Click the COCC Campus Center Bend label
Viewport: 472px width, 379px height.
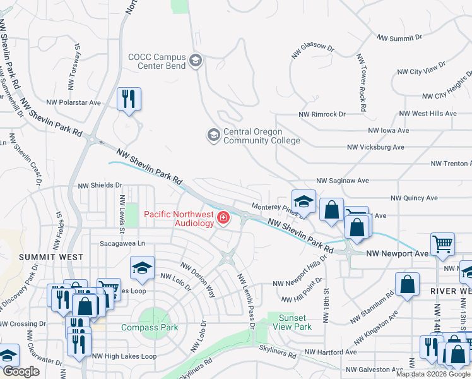158,61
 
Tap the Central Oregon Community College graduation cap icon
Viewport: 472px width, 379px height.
213,135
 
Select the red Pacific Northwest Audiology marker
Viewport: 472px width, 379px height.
223,218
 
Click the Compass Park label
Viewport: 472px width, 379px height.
150,327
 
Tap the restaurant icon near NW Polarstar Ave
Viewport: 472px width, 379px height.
129,99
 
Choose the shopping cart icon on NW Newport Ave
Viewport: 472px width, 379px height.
442,244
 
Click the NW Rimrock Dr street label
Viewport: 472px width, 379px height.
322,114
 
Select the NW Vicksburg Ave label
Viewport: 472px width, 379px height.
375,147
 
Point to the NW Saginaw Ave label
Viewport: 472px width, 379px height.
343,180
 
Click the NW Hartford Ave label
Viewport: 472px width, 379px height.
331,352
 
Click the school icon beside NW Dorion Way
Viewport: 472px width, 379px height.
143,268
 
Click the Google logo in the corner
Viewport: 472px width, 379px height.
21,371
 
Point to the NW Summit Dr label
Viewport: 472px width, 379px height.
399,38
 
